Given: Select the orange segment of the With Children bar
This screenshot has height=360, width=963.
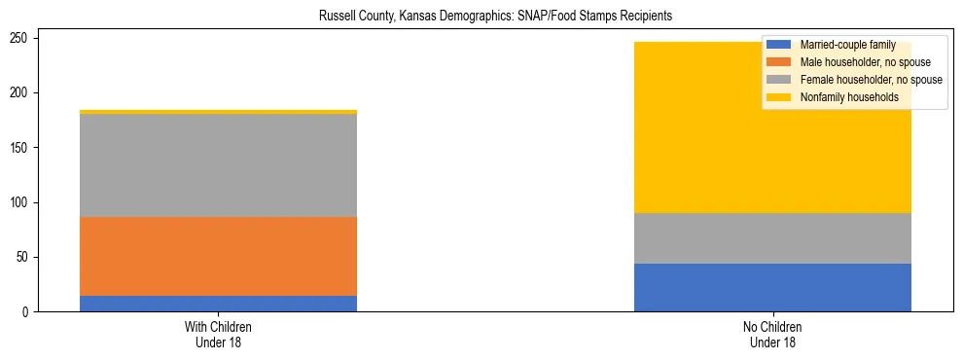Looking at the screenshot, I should point(218,256).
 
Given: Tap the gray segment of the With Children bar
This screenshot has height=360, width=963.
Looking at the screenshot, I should point(218,165).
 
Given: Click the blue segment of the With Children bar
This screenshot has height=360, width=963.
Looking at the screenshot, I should point(218,304).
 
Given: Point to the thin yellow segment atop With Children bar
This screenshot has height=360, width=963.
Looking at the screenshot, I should point(218,112).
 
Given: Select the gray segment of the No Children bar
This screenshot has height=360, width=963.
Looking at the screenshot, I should point(772,238).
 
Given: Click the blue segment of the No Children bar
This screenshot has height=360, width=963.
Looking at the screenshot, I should point(772,288).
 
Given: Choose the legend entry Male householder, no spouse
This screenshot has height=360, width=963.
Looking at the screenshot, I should point(851,62).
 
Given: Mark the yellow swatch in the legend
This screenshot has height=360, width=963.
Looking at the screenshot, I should point(779,97).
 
